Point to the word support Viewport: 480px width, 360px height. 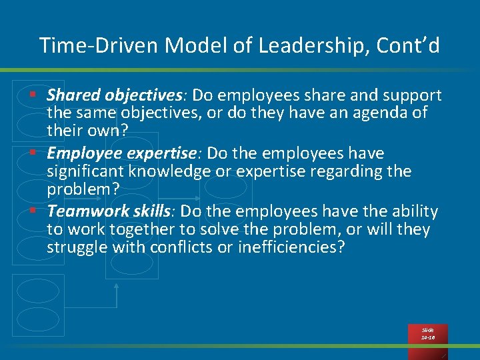(409, 95)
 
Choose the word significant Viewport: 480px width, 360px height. (87, 171)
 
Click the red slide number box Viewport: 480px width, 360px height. (427, 334)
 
